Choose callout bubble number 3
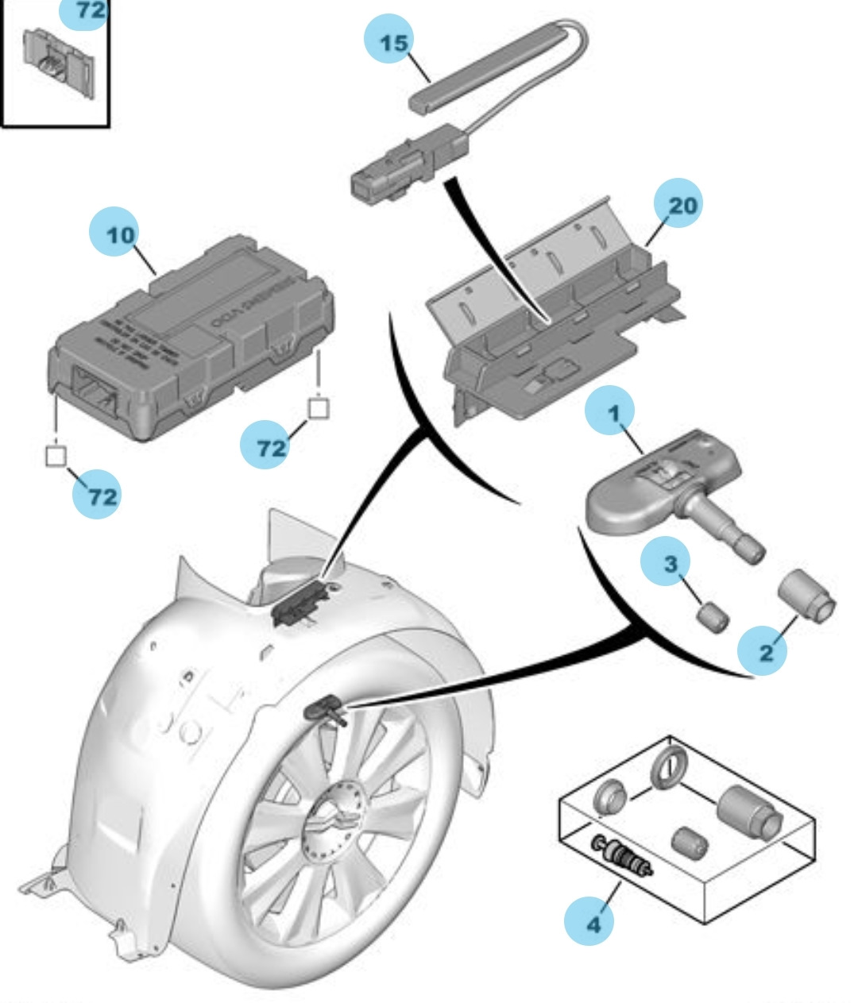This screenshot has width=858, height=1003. coord(671,565)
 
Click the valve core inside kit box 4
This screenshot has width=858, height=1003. coord(621,856)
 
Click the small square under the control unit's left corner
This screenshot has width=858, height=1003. coord(56,456)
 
